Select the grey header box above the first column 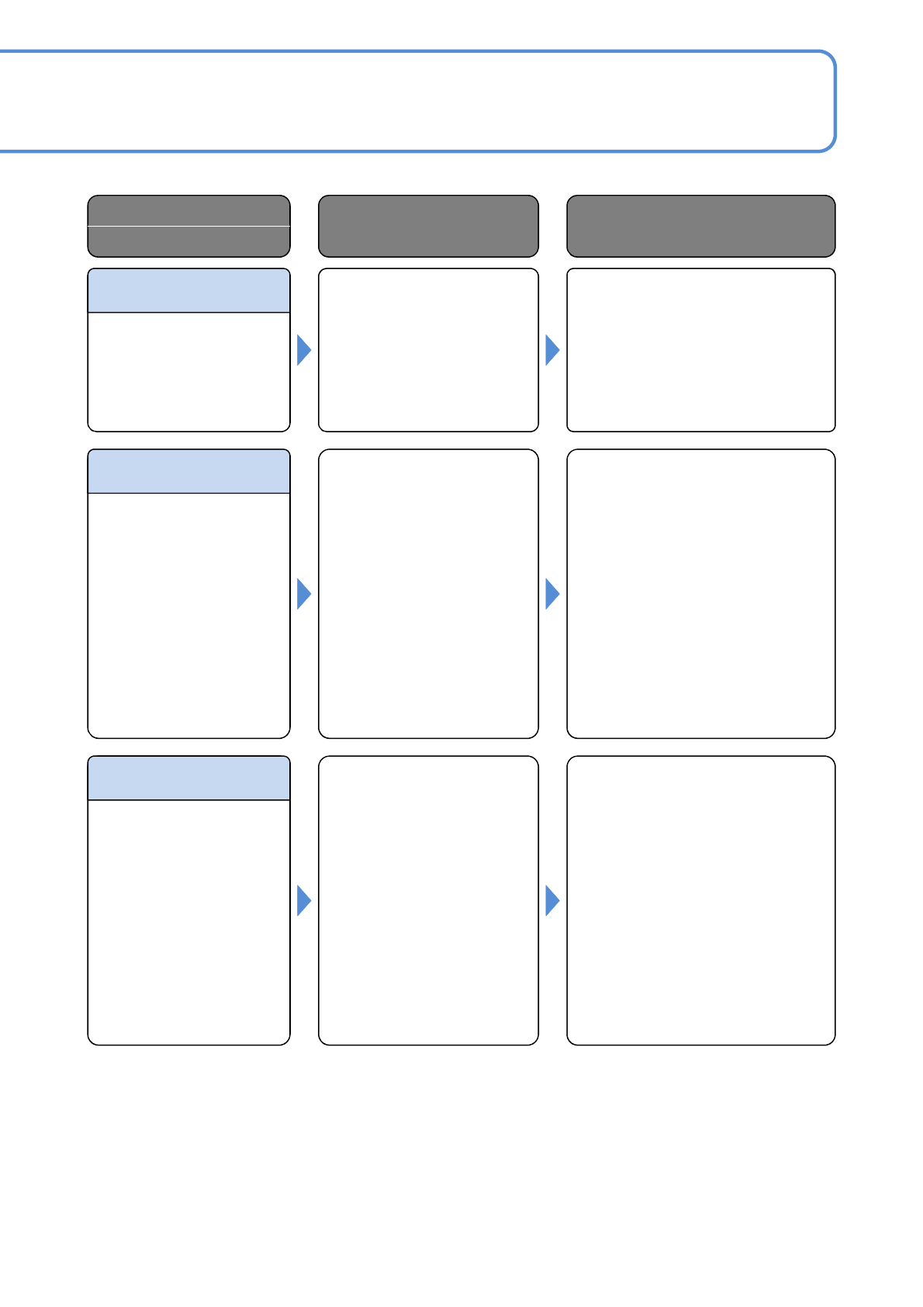click(x=188, y=226)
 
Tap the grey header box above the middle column click(x=428, y=226)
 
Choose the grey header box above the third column click(x=700, y=226)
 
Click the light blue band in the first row click(x=188, y=291)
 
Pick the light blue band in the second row click(x=188, y=471)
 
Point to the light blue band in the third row click(x=188, y=778)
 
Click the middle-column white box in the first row click(x=428, y=350)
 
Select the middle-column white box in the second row click(x=428, y=594)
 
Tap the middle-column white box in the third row click(x=428, y=900)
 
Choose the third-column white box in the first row click(x=700, y=350)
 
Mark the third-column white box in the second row click(x=700, y=594)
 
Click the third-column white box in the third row click(x=700, y=900)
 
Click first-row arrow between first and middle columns click(x=303, y=350)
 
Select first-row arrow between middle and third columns click(x=551, y=350)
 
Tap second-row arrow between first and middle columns click(x=303, y=594)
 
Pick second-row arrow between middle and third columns click(x=551, y=594)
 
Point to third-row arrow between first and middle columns click(x=303, y=900)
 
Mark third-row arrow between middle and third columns click(x=551, y=900)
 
